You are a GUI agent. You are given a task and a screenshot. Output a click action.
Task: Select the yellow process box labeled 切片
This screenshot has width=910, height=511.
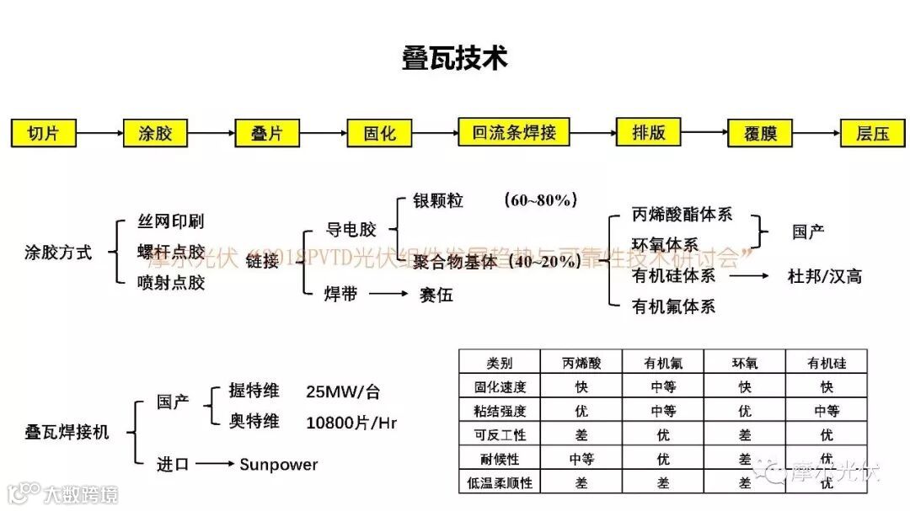point(43,132)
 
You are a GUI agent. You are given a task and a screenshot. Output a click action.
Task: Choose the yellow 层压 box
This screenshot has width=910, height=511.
point(874,133)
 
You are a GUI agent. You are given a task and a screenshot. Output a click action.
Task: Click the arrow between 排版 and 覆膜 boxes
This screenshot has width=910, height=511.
point(703,133)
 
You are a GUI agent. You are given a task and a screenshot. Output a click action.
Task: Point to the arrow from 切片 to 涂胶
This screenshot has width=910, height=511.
point(99,133)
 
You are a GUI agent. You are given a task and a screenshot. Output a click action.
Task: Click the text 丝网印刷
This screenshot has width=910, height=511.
point(170,222)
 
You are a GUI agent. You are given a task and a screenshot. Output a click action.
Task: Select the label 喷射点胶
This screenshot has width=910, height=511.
point(170,283)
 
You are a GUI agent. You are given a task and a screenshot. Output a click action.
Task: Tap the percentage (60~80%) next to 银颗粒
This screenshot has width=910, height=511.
point(540,200)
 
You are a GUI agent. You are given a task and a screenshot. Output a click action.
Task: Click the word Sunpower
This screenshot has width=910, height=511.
point(279,464)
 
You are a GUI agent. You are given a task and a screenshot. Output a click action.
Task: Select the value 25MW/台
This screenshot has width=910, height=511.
point(343,391)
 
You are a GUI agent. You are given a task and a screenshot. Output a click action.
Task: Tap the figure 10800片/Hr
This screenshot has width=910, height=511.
point(351,422)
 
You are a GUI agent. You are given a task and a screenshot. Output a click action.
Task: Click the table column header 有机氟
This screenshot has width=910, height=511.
point(663,363)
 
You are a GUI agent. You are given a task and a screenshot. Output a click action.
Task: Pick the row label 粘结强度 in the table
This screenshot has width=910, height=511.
point(500,411)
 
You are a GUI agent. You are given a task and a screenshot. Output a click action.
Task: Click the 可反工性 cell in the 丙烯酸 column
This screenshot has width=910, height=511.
point(581,435)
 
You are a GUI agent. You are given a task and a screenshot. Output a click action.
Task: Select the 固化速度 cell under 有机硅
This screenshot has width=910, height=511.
point(827,387)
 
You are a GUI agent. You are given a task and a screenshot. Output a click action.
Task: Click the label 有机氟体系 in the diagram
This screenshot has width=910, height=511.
point(673,306)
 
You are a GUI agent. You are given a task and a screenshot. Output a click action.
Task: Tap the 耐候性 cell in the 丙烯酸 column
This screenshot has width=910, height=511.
point(581,459)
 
